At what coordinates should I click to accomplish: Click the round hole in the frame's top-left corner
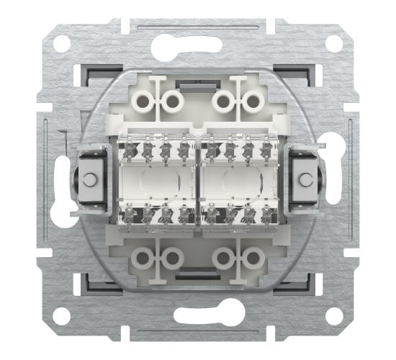(63, 44)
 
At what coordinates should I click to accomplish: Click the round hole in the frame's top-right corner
(333, 44)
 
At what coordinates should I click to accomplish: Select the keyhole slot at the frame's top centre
(198, 45)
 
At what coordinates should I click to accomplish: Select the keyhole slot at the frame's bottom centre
(198, 315)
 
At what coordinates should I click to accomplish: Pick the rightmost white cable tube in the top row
(251, 102)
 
